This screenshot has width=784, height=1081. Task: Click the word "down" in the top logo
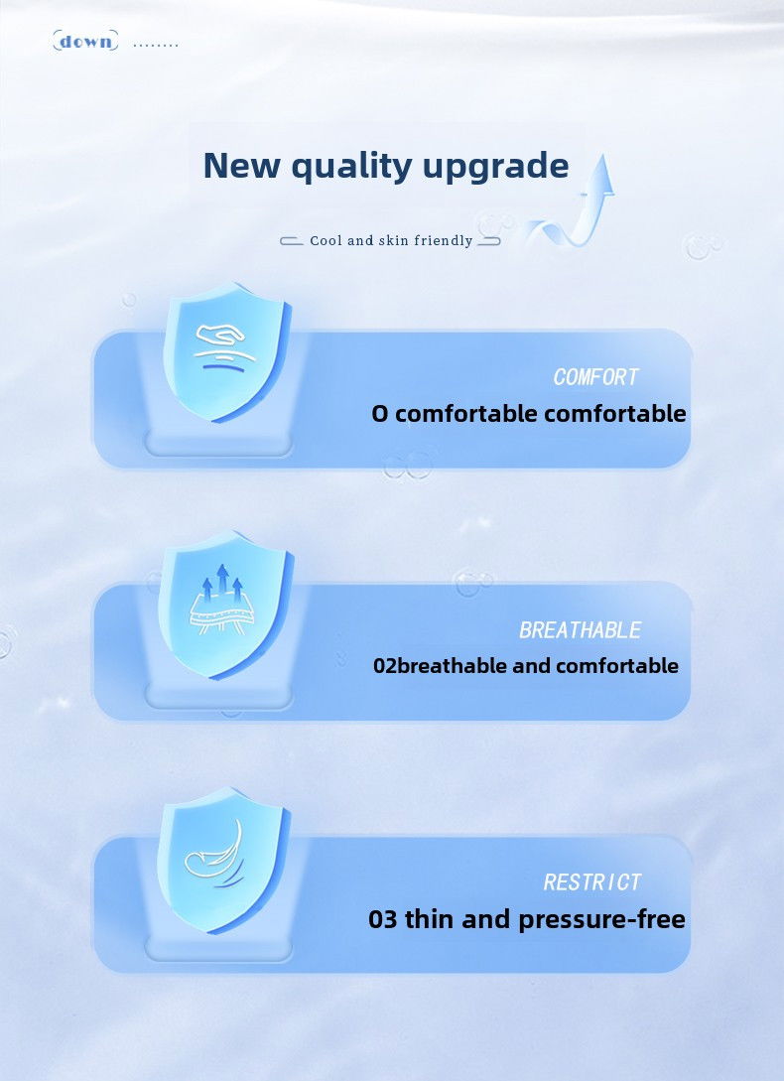(85, 42)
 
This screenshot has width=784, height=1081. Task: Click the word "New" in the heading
(241, 166)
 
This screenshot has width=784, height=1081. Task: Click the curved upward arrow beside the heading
(580, 206)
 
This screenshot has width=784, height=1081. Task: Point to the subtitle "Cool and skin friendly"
(391, 240)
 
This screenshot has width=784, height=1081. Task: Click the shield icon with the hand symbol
(226, 351)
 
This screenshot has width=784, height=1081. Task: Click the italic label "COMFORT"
(596, 377)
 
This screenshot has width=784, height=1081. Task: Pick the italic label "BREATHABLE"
(580, 630)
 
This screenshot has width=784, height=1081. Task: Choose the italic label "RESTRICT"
(592, 882)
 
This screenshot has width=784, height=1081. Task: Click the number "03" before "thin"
(383, 919)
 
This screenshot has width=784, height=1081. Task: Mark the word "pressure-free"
(602, 919)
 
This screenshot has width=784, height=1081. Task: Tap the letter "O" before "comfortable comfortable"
(380, 414)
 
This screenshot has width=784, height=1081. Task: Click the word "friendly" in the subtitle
(444, 240)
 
